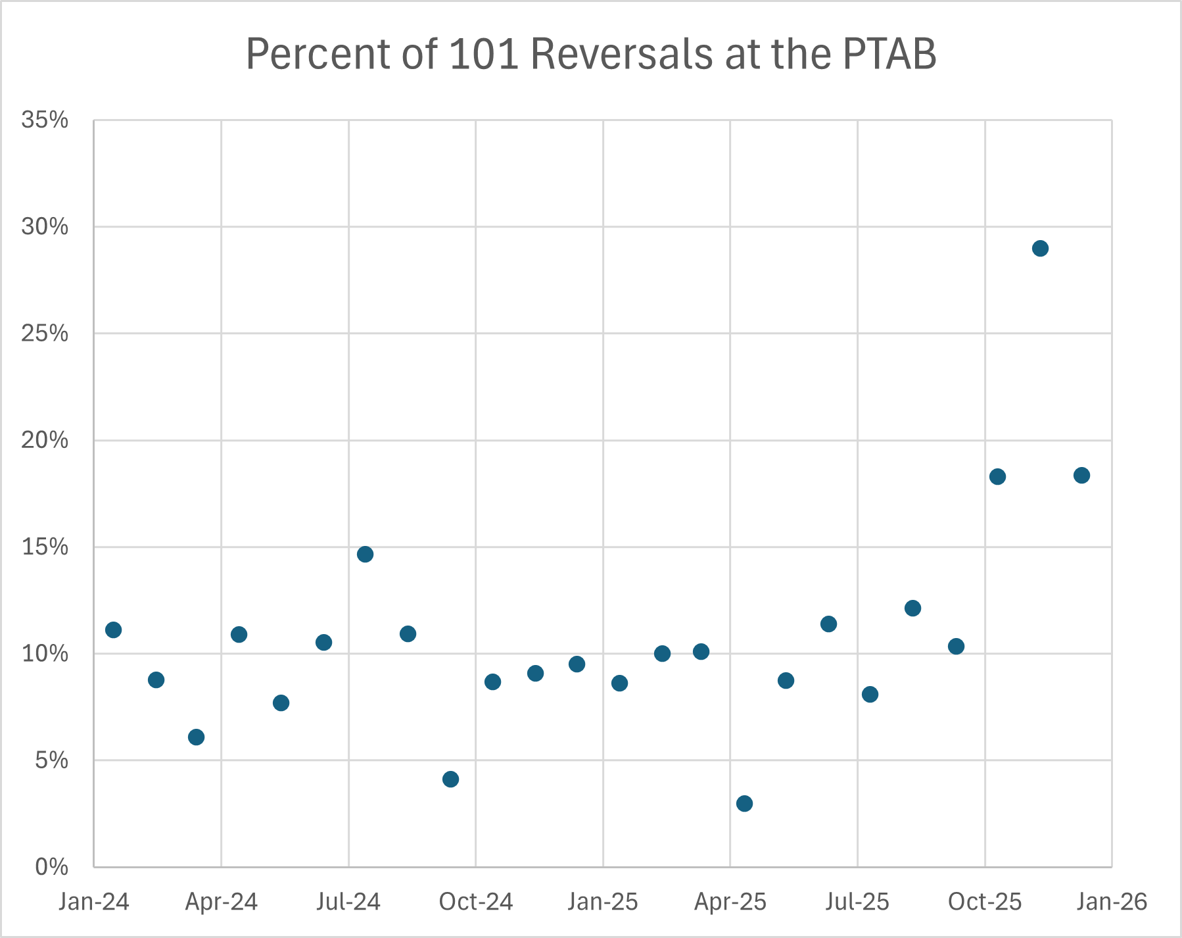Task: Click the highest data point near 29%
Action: (1040, 249)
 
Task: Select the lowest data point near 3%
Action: (744, 803)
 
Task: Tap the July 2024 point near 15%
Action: (365, 554)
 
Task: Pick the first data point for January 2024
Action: (113, 629)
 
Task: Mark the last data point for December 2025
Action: (1081, 475)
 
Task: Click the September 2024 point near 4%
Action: (450, 779)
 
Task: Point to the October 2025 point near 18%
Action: (997, 476)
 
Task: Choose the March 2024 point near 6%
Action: (196, 737)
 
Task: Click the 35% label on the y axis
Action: (45, 120)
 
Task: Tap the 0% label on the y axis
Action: (51, 867)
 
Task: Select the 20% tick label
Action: (45, 440)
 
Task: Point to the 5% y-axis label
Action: (51, 760)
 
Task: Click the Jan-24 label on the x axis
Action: (93, 901)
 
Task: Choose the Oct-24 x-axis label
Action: (476, 901)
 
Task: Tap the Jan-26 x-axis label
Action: (1112, 901)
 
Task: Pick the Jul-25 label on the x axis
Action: (857, 901)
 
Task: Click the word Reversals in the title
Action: (621, 54)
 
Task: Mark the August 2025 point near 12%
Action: (912, 608)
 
